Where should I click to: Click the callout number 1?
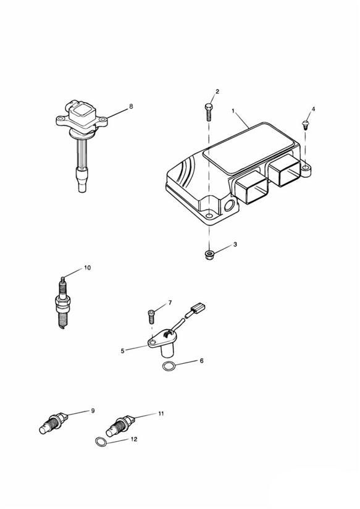pos(233,111)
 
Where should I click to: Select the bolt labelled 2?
pos(208,112)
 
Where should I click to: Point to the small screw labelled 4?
pos(305,124)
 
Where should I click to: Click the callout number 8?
pos(131,106)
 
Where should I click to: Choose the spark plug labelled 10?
pos(63,303)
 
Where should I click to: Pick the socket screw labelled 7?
pos(151,316)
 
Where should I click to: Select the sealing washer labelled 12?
pos(101,442)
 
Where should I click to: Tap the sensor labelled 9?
pos(54,423)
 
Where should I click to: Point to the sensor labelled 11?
pos(120,425)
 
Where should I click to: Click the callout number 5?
pos(122,351)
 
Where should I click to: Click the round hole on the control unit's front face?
pos(229,205)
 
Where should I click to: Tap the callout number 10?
pos(87,268)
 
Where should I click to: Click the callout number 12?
pos(134,439)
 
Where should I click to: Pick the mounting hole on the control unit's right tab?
pos(306,168)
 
